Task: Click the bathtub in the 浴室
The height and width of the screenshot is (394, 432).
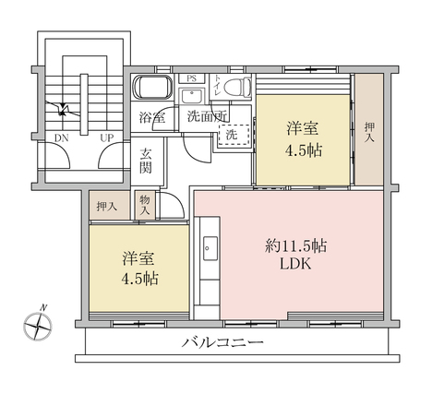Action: pyautogui.click(x=152, y=87)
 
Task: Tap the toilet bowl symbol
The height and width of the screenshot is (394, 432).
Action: pyautogui.click(x=237, y=87)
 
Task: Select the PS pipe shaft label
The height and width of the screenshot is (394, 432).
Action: pyautogui.click(x=192, y=78)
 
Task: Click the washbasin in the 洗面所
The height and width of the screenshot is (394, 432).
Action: pyautogui.click(x=192, y=96)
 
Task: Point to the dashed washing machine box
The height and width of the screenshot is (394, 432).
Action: pyautogui.click(x=234, y=135)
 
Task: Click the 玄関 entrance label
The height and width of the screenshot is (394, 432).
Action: pyautogui.click(x=146, y=161)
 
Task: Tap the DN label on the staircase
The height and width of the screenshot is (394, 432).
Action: pyautogui.click(x=61, y=138)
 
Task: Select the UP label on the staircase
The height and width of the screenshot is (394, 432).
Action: pyautogui.click(x=106, y=138)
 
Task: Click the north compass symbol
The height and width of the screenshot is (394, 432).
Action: pyautogui.click(x=38, y=325)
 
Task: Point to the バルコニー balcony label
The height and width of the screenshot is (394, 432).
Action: pyautogui.click(x=222, y=342)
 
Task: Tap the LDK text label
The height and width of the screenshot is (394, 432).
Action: pyautogui.click(x=295, y=264)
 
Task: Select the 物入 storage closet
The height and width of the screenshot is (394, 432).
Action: pyautogui.click(x=145, y=205)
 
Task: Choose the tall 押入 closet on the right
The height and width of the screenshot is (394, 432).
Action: pyautogui.click(x=369, y=129)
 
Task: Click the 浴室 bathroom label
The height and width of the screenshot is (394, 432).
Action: pyautogui.click(x=152, y=117)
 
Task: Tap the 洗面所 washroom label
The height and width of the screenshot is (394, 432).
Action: pyautogui.click(x=208, y=116)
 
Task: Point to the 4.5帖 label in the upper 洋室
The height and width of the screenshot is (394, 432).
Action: pyautogui.click(x=304, y=150)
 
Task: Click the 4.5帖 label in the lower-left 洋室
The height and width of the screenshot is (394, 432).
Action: pyautogui.click(x=140, y=279)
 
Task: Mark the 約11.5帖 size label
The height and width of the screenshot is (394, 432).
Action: pyautogui.click(x=295, y=246)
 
